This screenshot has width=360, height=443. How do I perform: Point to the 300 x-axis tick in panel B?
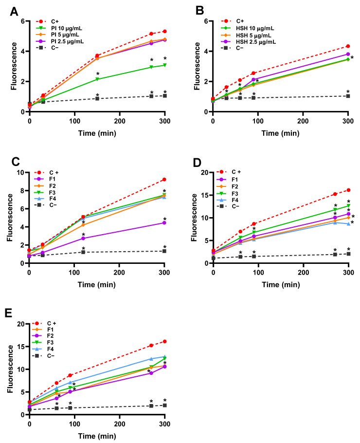(348, 120)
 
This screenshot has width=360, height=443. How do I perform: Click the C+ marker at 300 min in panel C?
(165, 180)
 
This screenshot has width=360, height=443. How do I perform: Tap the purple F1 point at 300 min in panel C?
(165, 223)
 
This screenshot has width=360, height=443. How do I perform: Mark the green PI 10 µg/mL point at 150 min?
(97, 79)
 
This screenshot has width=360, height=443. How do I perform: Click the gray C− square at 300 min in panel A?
(165, 96)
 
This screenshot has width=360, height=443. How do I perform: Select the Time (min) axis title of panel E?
(97, 434)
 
